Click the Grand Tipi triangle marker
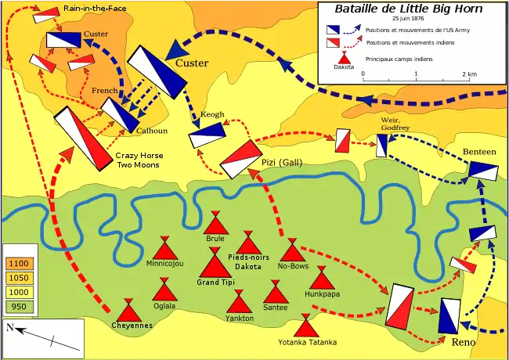click(x=215, y=263)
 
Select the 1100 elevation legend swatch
click(x=17, y=264)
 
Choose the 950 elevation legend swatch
click(x=17, y=306)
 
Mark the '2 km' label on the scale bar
click(x=469, y=74)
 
